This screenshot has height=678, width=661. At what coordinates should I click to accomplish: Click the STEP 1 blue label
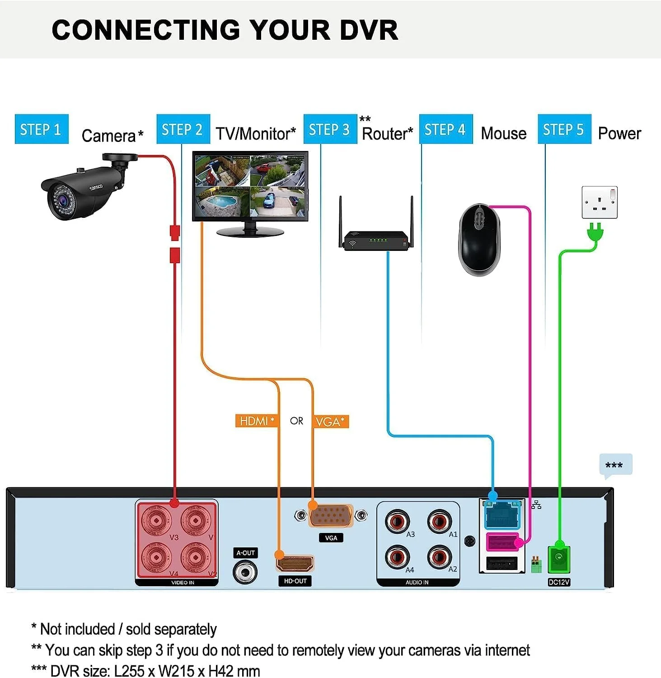(41, 129)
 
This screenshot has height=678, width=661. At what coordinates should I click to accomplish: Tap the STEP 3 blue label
(330, 129)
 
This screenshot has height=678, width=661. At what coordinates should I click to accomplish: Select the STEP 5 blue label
(564, 129)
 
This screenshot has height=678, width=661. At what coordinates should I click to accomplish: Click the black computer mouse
(479, 240)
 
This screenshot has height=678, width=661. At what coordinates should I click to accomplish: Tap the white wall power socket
(599, 202)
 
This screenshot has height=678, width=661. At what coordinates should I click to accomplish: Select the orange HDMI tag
(256, 421)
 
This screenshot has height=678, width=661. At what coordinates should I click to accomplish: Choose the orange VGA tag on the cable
(330, 422)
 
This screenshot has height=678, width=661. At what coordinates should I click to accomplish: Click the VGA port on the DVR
(331, 516)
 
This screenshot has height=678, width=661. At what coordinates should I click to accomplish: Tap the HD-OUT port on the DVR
(295, 564)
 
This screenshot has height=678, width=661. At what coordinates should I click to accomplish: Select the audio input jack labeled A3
(397, 521)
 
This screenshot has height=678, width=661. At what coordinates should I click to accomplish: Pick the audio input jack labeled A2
(439, 557)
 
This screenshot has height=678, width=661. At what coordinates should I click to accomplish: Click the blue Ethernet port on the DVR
(502, 515)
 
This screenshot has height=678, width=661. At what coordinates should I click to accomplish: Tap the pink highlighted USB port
(502, 541)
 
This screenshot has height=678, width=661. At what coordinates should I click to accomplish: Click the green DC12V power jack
(559, 560)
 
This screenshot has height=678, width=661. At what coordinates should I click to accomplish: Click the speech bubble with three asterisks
(615, 465)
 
